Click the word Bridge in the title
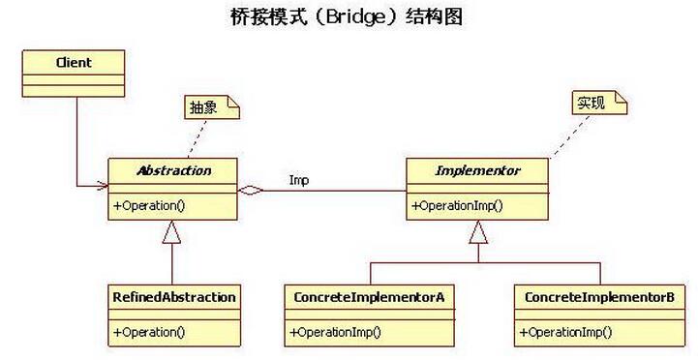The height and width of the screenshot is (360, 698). click(347, 17)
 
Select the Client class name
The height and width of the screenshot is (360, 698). click(74, 63)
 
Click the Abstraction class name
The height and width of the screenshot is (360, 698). click(172, 170)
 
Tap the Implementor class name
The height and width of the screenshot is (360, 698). click(478, 170)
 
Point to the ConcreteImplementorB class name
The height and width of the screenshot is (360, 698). click(598, 297)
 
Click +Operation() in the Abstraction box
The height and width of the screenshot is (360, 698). click(149, 205)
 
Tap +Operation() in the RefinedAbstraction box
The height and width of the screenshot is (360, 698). click(149, 332)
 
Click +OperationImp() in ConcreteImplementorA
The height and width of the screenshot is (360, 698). click(335, 332)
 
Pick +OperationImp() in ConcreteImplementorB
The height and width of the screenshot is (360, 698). click(565, 332)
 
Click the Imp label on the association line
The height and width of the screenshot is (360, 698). click(299, 180)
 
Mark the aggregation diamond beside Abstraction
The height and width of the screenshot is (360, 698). click(251, 191)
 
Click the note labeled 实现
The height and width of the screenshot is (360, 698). click(592, 103)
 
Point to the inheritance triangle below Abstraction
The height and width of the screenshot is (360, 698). click(172, 231)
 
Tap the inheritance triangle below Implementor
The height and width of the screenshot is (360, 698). click(478, 231)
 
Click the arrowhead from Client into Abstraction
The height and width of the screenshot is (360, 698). click(101, 184)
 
